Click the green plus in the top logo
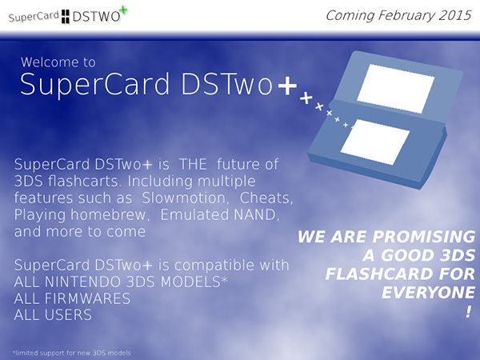(123, 10)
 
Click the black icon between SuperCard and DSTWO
(66, 17)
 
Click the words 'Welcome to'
(58, 62)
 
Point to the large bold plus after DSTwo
(287, 85)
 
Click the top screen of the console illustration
(395, 89)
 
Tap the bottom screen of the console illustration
(374, 142)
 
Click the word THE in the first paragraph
(193, 164)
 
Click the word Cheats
(266, 198)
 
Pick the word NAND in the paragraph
(256, 215)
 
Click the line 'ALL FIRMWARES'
(72, 298)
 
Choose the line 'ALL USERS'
(53, 315)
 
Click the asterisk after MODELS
(224, 279)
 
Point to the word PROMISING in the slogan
(424, 237)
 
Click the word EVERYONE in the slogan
(429, 293)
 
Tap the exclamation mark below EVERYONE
(469, 312)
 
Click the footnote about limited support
(72, 353)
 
